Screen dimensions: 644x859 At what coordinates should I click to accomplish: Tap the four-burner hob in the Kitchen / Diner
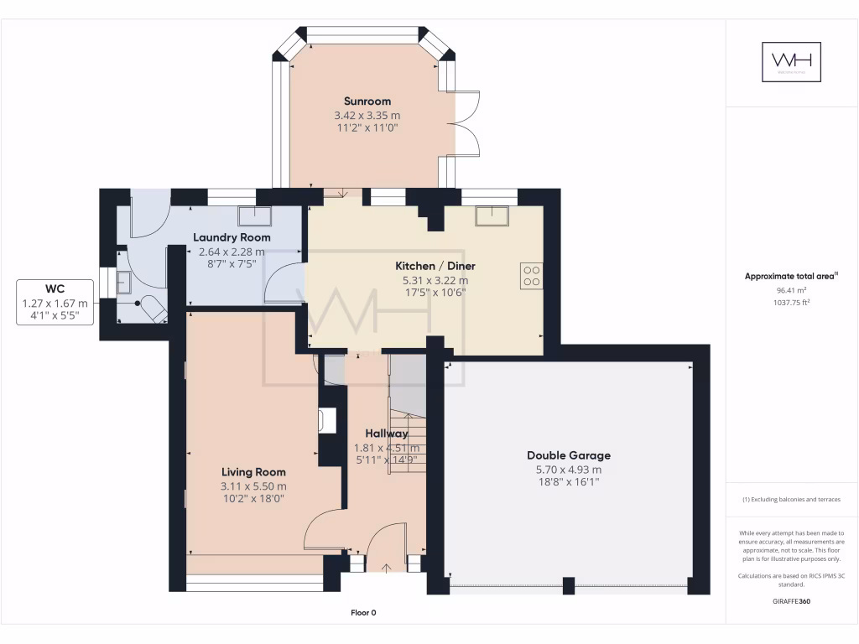[x=532, y=275]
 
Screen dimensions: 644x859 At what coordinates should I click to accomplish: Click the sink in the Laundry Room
[x=254, y=216]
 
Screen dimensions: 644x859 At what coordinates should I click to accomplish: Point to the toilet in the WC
[x=154, y=309]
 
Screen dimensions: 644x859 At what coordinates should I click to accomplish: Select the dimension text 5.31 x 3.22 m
[x=431, y=280]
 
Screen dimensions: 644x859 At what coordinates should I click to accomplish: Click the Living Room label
[x=253, y=472]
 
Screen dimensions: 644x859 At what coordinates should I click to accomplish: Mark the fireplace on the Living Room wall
[x=327, y=420]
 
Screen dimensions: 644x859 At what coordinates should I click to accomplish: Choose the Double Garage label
[x=568, y=455]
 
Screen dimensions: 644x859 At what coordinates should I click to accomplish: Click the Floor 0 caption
[x=363, y=613]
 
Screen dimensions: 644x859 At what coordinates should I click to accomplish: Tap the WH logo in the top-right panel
[x=790, y=62]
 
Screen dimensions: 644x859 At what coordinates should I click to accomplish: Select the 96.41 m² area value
[x=789, y=289]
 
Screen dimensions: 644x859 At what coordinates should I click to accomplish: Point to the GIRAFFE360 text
[x=791, y=601]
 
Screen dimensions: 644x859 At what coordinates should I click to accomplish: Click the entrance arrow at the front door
[x=386, y=568]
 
